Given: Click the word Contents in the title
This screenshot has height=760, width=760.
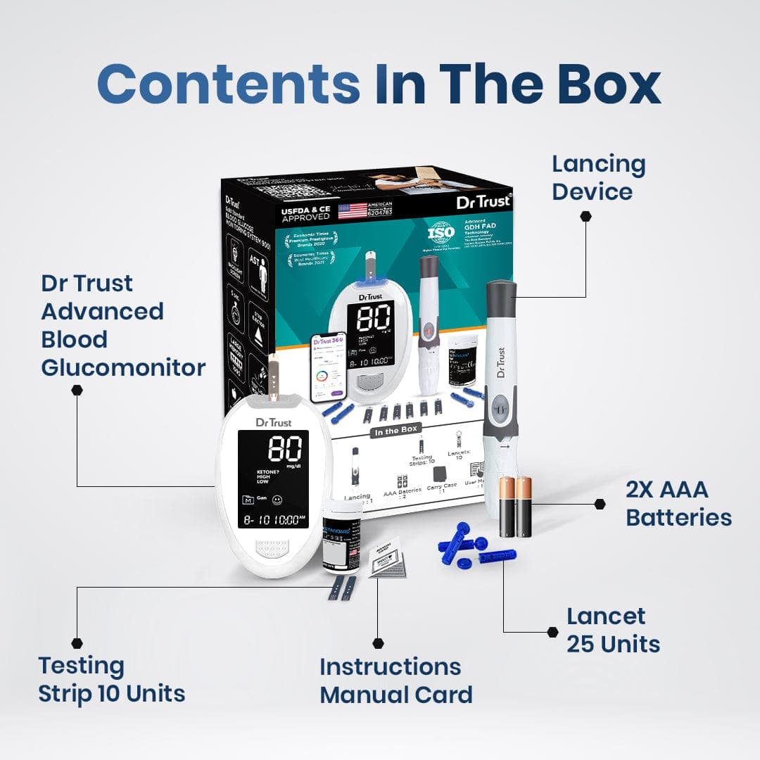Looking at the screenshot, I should point(229,84).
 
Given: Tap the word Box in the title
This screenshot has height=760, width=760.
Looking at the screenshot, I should point(609,84).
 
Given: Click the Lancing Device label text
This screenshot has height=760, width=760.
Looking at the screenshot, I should point(598,177).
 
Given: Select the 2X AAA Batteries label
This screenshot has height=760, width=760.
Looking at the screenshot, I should point(678,504).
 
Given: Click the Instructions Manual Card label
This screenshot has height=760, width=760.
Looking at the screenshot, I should point(395,680).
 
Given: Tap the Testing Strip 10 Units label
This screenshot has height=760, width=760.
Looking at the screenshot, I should point(112,679).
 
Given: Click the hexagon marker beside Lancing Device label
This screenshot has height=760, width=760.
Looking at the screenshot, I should point(585,217).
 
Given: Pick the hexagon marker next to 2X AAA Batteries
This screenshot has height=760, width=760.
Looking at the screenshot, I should point(600,504).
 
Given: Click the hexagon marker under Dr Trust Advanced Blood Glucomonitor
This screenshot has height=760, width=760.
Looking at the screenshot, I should point(77,390).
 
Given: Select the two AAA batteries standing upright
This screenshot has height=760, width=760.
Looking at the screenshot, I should point(516,506).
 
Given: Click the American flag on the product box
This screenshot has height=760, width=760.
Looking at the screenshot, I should point(353,210).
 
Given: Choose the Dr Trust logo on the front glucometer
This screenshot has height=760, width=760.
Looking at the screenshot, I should point(272,422).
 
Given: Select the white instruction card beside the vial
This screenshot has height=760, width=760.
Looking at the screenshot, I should point(387,560).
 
